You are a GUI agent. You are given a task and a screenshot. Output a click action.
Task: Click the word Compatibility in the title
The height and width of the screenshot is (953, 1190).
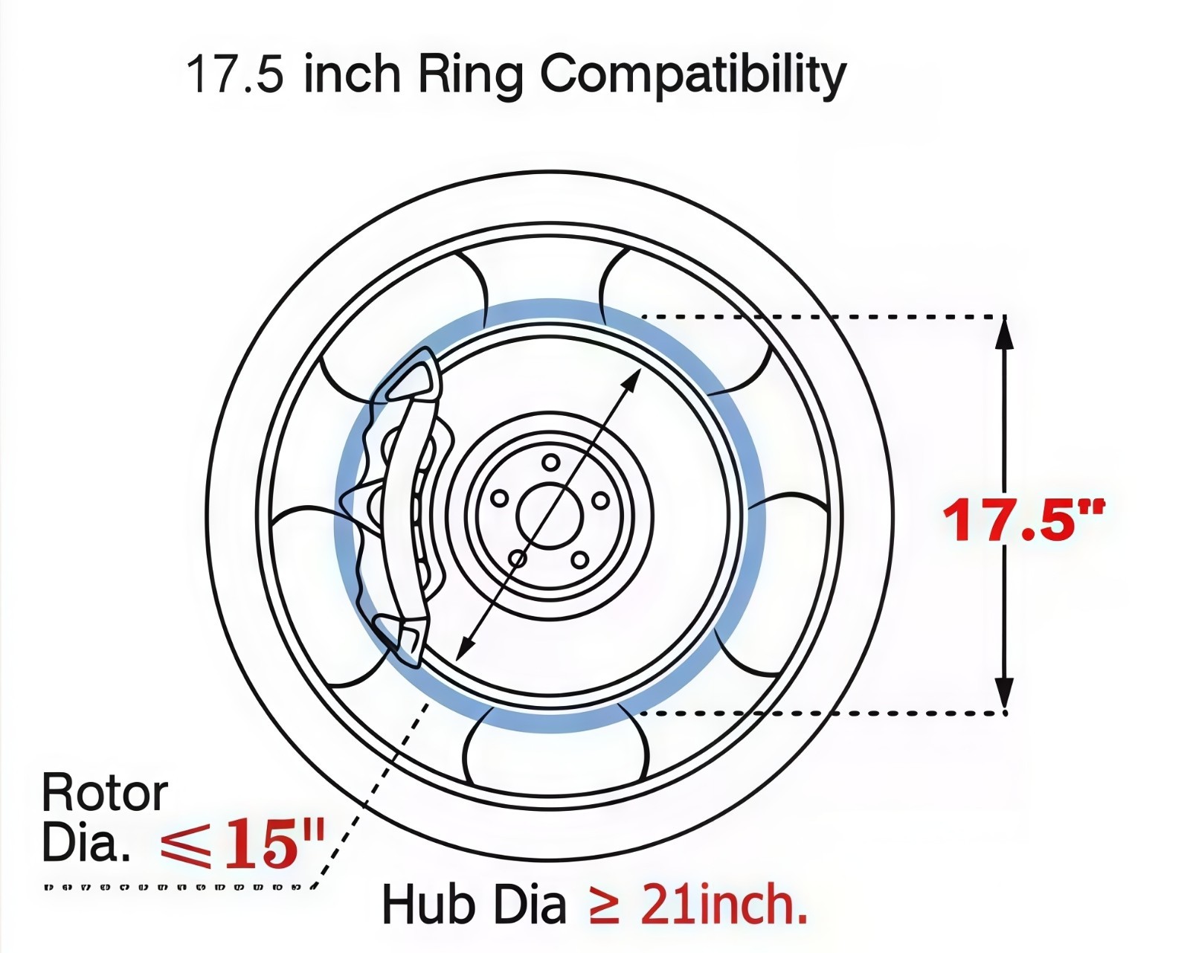692,74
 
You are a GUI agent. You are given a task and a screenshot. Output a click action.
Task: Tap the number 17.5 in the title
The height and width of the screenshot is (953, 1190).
234,74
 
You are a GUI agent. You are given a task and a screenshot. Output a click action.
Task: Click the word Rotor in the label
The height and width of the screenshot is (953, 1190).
105,793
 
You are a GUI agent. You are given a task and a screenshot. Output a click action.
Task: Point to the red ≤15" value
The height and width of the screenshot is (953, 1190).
242,845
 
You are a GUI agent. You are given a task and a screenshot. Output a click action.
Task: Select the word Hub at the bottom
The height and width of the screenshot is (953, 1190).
428,904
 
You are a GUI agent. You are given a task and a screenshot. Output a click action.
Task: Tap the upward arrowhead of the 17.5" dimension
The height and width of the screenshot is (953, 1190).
1004,332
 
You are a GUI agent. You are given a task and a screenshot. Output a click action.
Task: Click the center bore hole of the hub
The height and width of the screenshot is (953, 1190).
549,515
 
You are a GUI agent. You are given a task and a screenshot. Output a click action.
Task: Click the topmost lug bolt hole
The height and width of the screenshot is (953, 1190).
550,462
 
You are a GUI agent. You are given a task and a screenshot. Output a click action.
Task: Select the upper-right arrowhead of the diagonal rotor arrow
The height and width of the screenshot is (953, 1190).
631,379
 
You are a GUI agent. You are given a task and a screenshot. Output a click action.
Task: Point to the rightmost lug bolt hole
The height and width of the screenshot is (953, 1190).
600,501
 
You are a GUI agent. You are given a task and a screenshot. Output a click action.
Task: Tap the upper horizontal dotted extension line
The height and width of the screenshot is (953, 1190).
818,316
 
